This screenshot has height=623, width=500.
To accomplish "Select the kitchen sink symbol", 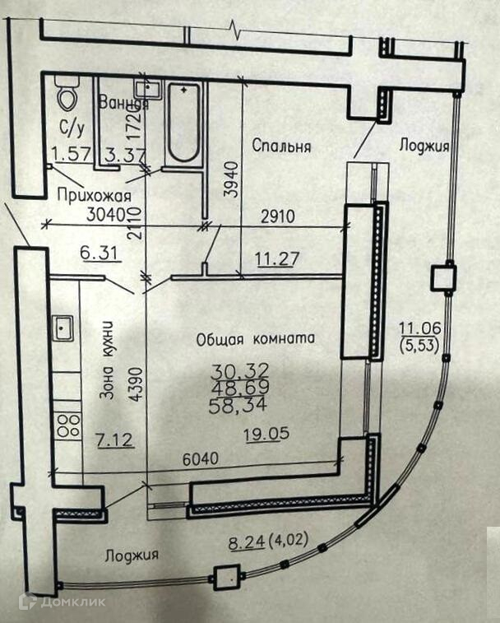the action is pyautogui.click(x=62, y=328).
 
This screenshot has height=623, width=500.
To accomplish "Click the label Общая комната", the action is pyautogui.click(x=256, y=338).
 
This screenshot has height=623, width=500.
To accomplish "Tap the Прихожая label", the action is pyautogui.click(x=95, y=195).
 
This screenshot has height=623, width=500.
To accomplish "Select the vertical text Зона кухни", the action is pyautogui.click(x=106, y=361).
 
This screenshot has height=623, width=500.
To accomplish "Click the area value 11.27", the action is pyautogui.click(x=278, y=261).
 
